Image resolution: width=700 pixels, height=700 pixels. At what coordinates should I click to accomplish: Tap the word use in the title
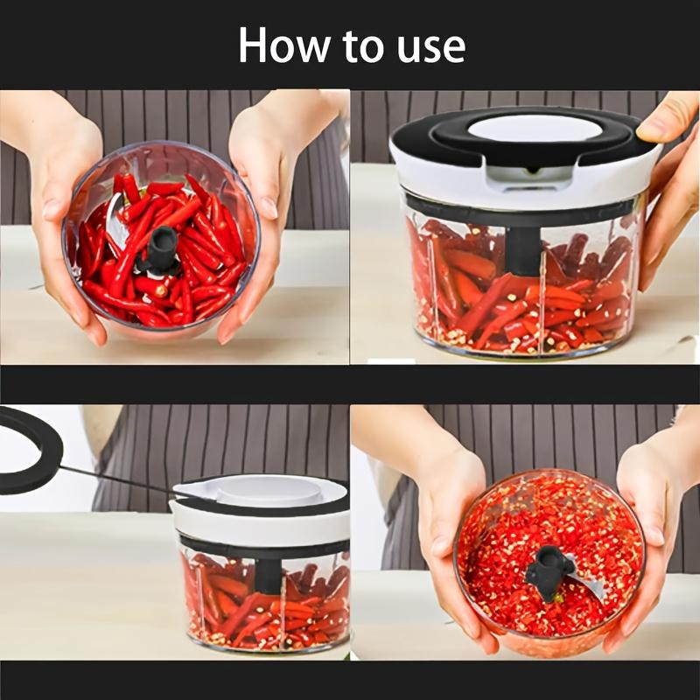[428, 46]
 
